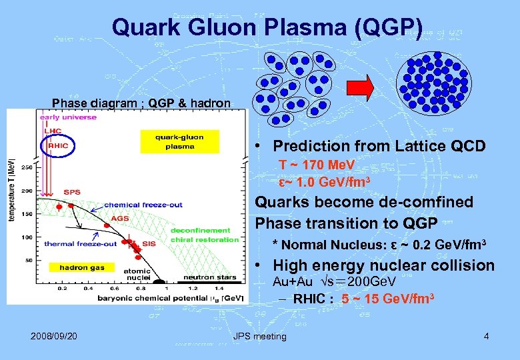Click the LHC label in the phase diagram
(53, 131)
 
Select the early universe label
(68, 117)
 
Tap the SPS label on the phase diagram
(72, 192)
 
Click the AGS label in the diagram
(120, 218)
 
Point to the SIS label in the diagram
(149, 244)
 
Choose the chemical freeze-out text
(143, 205)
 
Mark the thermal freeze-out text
(80, 244)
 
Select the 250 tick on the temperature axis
(27, 167)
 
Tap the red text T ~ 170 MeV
(317, 165)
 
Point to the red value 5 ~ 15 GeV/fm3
(388, 298)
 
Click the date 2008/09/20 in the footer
(53, 336)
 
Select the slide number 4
(486, 336)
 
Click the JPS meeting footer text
(260, 336)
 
